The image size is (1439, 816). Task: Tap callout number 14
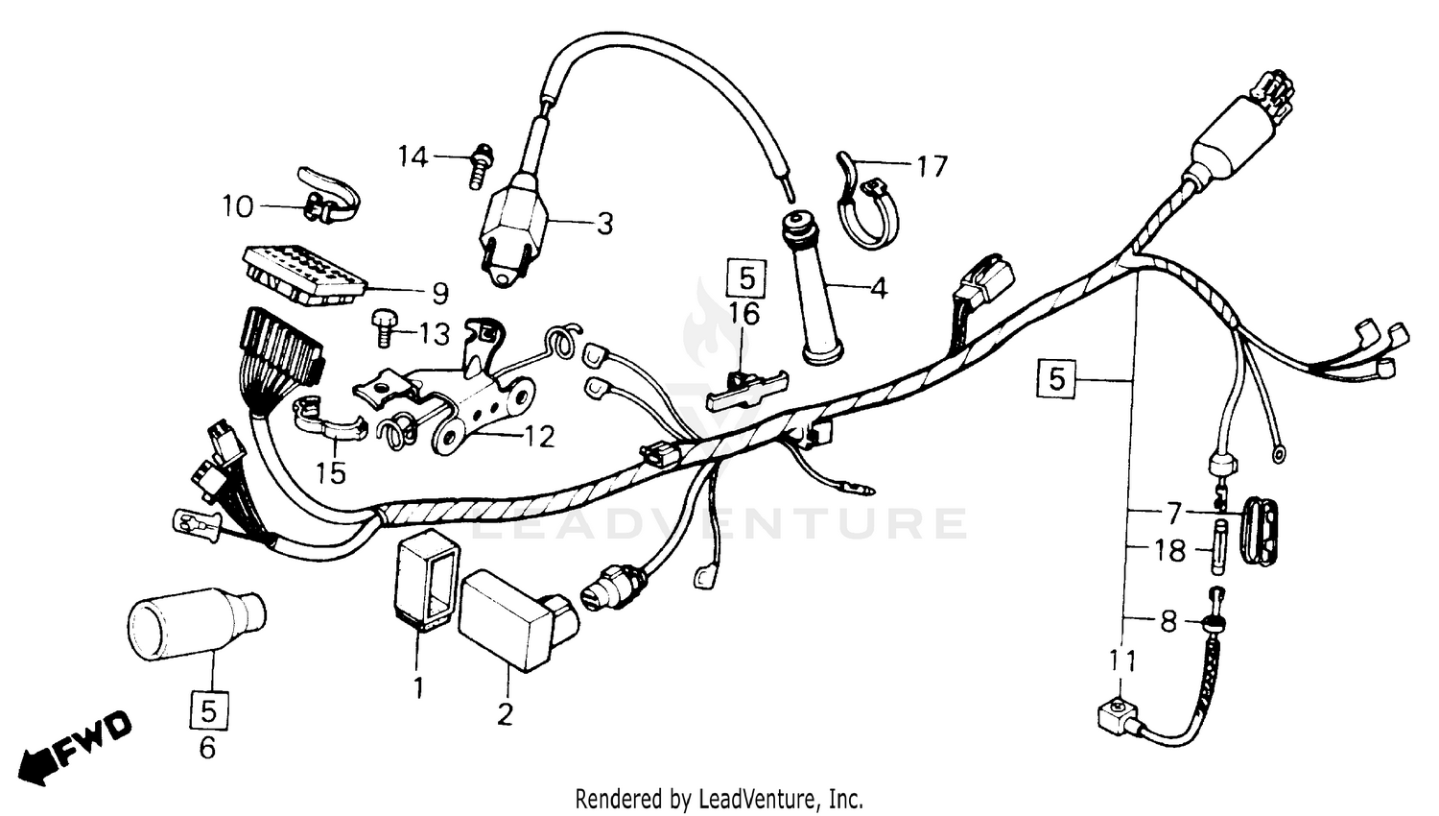point(413,156)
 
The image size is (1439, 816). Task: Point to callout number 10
point(238,206)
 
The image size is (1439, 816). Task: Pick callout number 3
point(604,224)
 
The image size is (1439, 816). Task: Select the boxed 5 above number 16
point(746,278)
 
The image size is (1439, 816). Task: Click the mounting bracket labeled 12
point(480,413)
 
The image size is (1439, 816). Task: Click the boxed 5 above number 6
point(209,710)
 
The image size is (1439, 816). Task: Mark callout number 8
point(1168,621)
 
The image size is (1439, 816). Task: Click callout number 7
point(1173,511)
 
